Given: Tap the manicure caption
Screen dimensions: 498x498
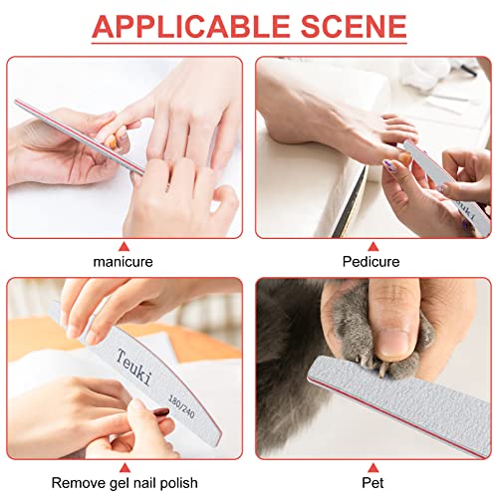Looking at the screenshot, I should tap(124, 262).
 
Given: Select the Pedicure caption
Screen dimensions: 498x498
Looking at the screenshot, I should tap(373, 262).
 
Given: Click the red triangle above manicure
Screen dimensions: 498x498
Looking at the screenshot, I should tap(124, 245).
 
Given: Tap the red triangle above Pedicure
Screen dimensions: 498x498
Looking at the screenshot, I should tap(373, 245).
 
